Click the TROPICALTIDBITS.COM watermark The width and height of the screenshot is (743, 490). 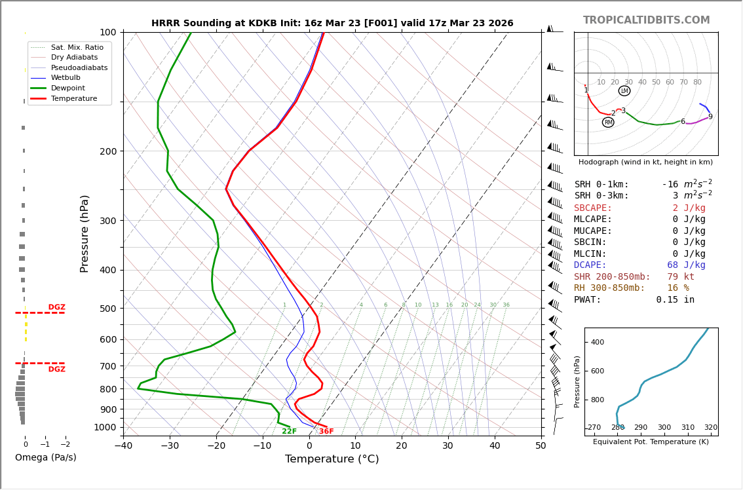pos(646,20)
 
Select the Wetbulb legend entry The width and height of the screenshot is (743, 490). pos(68,77)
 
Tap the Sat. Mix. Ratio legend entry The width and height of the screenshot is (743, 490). pos(77,47)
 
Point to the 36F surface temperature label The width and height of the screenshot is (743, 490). pos(326,432)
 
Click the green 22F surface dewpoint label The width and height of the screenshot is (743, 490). pos(289,432)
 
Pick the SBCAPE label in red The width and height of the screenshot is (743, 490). pos(593,208)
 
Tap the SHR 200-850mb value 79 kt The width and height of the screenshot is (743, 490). pos(685,277)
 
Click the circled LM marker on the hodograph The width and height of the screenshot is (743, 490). pos(624,91)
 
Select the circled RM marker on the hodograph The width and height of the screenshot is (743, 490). pos(608,122)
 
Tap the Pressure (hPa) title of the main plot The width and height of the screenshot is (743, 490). pos(85,233)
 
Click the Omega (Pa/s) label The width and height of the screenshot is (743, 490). pos(45,458)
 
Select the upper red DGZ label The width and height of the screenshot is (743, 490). pos(56,307)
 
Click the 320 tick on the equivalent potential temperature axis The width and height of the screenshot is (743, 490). pos(710,428)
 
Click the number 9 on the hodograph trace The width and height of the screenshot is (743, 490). pos(710,117)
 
